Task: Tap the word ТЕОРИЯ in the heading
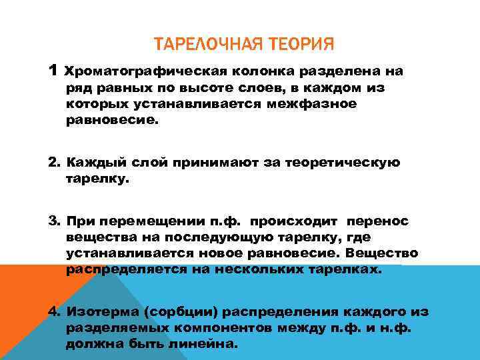tap(299, 45)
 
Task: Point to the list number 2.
tap(54, 163)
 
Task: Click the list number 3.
tap(54, 220)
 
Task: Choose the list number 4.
tap(54, 312)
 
